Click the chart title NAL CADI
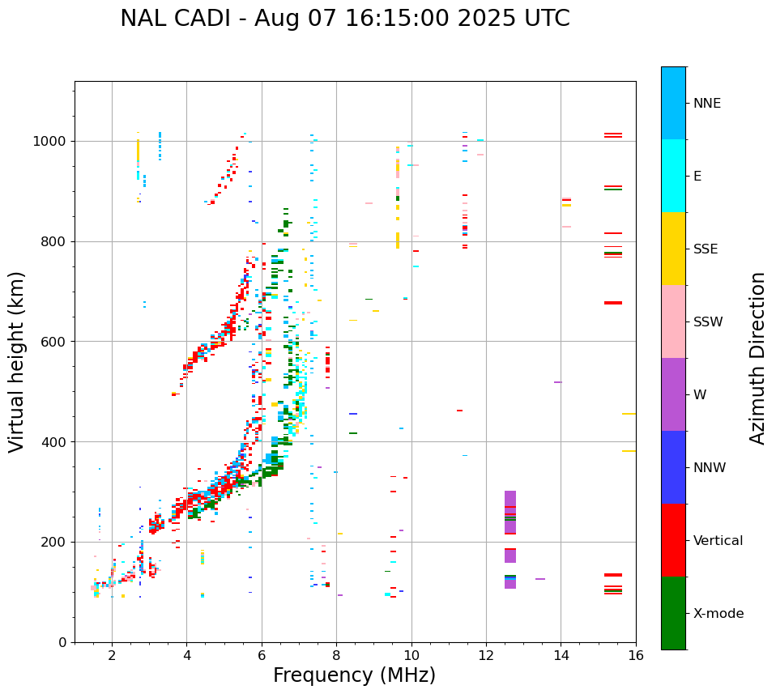pyautogui.click(x=344, y=19)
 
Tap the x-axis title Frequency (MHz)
pyautogui.click(x=354, y=675)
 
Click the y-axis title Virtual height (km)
pyautogui.click(x=17, y=361)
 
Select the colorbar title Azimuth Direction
pyautogui.click(x=757, y=357)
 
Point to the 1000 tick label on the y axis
pyautogui.click(x=49, y=141)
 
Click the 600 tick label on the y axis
pyautogui.click(x=53, y=342)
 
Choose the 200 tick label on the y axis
pyautogui.click(x=53, y=542)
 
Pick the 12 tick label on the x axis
pyautogui.click(x=486, y=655)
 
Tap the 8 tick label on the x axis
pyautogui.click(x=337, y=655)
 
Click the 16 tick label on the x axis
pyautogui.click(x=636, y=655)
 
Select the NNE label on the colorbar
pyautogui.click(x=706, y=104)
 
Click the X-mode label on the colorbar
pyautogui.click(x=718, y=614)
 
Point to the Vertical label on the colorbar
pyautogui.click(x=718, y=541)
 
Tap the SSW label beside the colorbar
pyautogui.click(x=708, y=322)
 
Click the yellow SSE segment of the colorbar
pyautogui.click(x=673, y=249)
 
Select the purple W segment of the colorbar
pyautogui.click(x=673, y=394)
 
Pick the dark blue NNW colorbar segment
pyautogui.click(x=673, y=467)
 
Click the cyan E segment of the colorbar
pyautogui.click(x=673, y=176)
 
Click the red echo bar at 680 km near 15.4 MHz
pyautogui.click(x=613, y=546)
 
